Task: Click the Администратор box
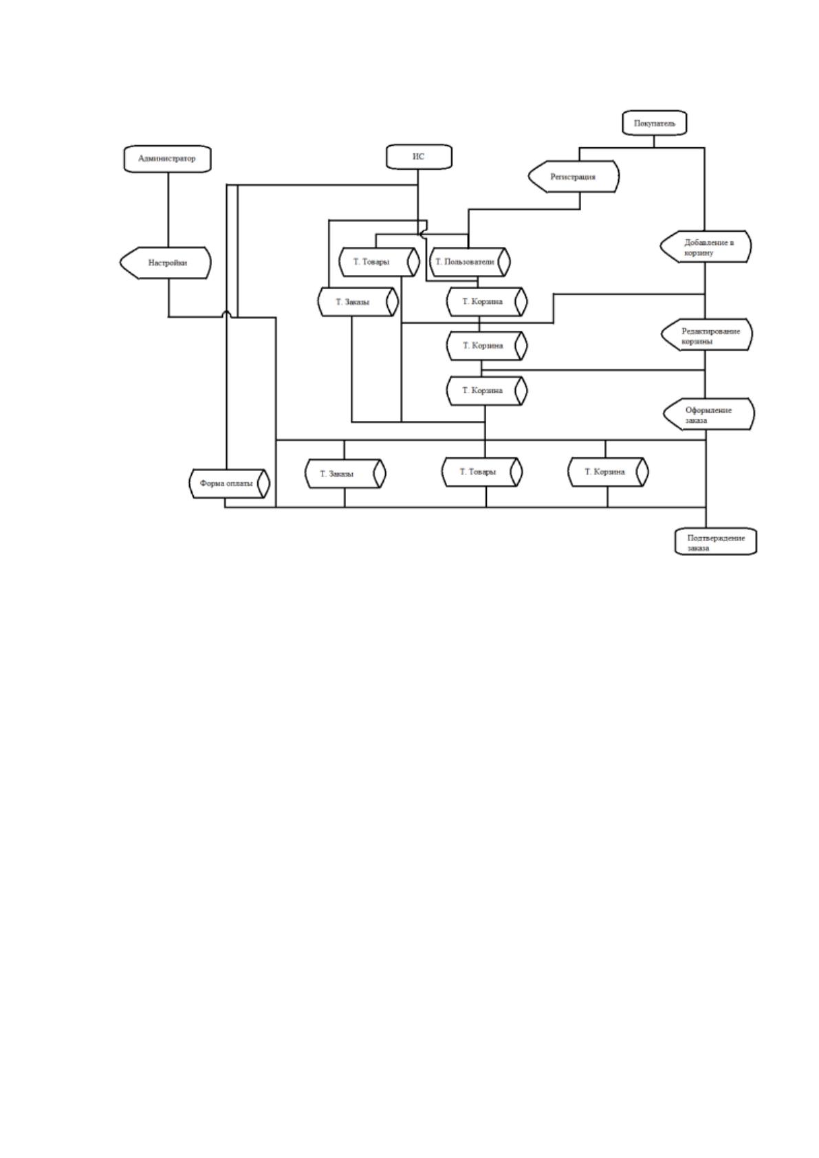[x=167, y=158]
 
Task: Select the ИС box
[x=419, y=157]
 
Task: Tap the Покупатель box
[x=654, y=123]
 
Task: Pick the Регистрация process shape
[x=573, y=177]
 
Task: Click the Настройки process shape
[x=166, y=263]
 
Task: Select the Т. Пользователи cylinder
[x=470, y=262]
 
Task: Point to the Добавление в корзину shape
[x=706, y=247]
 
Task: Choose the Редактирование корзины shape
[x=707, y=334]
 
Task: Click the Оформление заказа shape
[x=709, y=414]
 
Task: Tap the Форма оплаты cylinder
[x=229, y=483]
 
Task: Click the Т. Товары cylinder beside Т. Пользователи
[x=379, y=262]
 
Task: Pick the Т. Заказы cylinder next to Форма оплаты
[x=345, y=474]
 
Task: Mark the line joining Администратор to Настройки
[x=168, y=209]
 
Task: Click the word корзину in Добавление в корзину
[x=699, y=253]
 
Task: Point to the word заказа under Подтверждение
[x=698, y=548]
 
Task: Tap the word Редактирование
[x=710, y=331]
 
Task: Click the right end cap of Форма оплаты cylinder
[x=263, y=483]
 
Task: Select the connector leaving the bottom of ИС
[x=418, y=201]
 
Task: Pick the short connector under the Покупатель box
[x=654, y=141]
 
